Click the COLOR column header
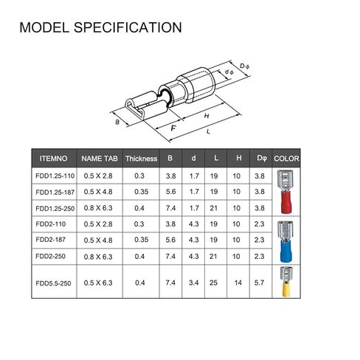tap(286, 158)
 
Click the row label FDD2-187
tap(50, 240)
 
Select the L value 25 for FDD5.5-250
tap(215, 283)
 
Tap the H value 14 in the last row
tap(238, 283)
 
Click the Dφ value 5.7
tap(259, 283)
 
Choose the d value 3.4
tap(193, 283)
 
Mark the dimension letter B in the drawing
tap(117, 122)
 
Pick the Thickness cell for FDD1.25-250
tap(139, 208)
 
